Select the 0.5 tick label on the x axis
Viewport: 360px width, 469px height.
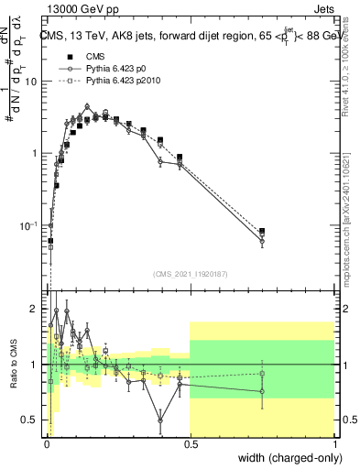click(190, 442)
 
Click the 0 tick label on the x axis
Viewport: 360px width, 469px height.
click(46, 442)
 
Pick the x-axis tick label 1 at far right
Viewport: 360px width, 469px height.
click(334, 442)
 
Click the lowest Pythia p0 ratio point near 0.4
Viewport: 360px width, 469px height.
click(160, 421)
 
